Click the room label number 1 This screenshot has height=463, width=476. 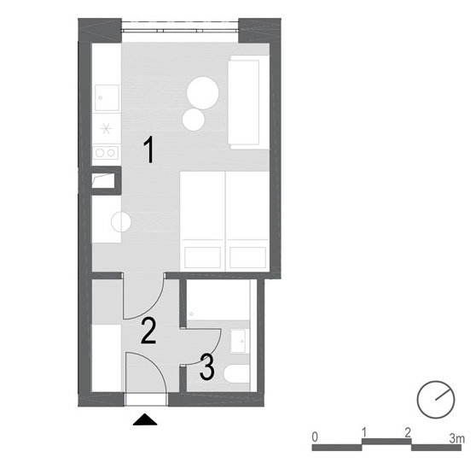(x=149, y=149)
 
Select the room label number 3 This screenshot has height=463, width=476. (x=207, y=367)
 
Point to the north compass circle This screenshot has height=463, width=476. (x=436, y=400)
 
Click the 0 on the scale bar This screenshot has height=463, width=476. (x=315, y=437)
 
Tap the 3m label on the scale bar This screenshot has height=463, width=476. (x=457, y=438)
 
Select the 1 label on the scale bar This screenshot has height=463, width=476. (x=364, y=431)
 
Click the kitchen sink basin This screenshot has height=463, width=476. (x=107, y=97)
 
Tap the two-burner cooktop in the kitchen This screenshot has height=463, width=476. (x=105, y=153)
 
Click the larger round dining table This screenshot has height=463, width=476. (x=203, y=93)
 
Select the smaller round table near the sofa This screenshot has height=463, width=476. (x=194, y=120)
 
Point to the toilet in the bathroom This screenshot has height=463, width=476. (x=237, y=373)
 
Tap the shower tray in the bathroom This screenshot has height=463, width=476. (x=218, y=300)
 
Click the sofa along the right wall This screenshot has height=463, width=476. (x=249, y=103)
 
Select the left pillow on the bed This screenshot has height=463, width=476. (x=202, y=257)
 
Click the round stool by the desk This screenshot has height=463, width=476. (x=121, y=221)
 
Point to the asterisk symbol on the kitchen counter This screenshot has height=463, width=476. (x=106, y=129)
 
